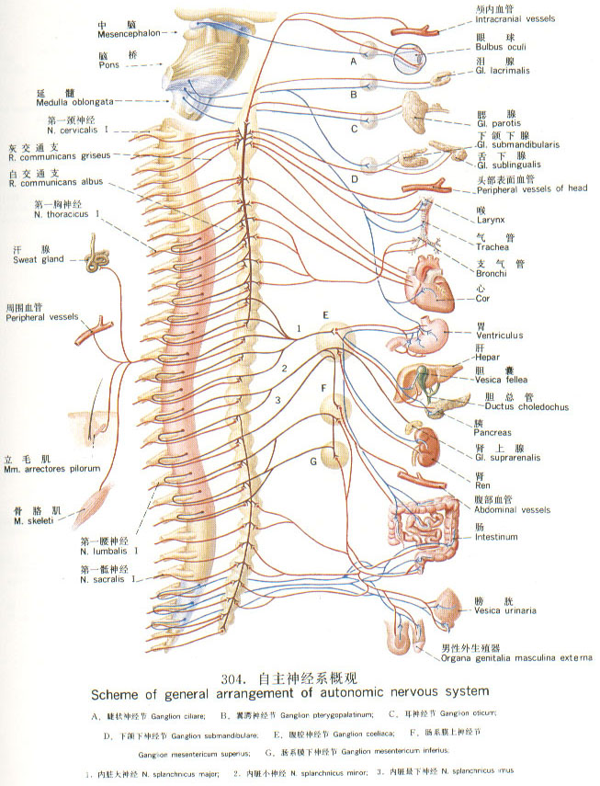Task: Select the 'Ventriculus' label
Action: pos(500,336)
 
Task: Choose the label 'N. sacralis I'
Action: pos(109,580)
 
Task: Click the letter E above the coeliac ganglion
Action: pos(324,316)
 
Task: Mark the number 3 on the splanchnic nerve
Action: pos(277,399)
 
